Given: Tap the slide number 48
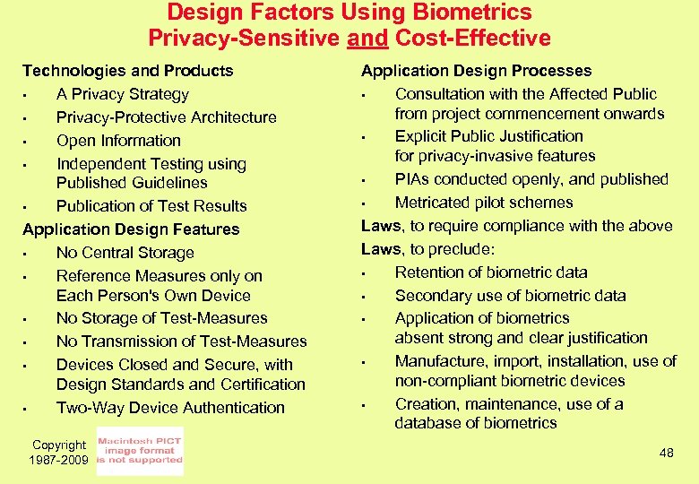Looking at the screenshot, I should pyautogui.click(x=666, y=454).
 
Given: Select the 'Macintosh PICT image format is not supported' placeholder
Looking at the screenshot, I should pyautogui.click(x=140, y=452).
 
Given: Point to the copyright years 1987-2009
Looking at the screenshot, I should pyautogui.click(x=60, y=460).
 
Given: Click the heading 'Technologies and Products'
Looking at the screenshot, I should pyautogui.click(x=127, y=71).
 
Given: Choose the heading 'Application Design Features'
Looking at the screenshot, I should pyautogui.click(x=131, y=229).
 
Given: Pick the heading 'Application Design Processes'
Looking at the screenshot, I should pyautogui.click(x=476, y=71).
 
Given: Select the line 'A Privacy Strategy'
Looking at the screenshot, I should pyautogui.click(x=122, y=94).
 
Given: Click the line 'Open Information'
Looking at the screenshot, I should pyautogui.click(x=118, y=141).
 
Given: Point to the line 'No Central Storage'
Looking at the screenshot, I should pyautogui.click(x=125, y=253).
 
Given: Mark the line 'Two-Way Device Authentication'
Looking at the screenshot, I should pyautogui.click(x=170, y=408).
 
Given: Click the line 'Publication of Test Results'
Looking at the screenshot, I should pyautogui.click(x=151, y=206).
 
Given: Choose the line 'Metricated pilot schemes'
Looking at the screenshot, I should pyautogui.click(x=484, y=203).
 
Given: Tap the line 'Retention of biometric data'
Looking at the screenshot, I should pyautogui.click(x=491, y=272).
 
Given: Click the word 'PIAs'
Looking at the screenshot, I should pyautogui.click(x=412, y=179).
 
